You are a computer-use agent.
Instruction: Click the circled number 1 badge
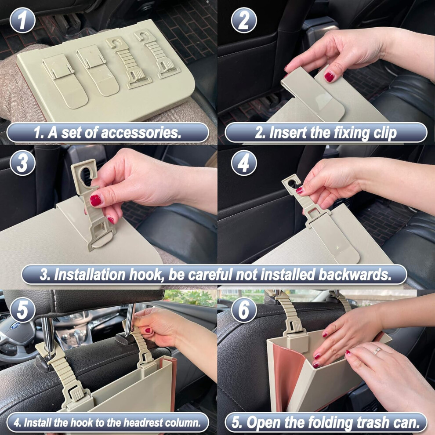(22, 20)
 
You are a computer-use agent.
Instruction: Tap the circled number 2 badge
(244, 20)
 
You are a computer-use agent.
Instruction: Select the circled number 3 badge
(22, 163)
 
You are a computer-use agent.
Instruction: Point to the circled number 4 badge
(244, 163)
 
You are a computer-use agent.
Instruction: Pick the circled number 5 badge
(22, 310)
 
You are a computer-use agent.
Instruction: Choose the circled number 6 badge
(244, 310)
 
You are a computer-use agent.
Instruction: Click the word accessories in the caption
(141, 133)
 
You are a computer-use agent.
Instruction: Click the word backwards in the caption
(355, 275)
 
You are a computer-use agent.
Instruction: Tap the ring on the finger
(377, 351)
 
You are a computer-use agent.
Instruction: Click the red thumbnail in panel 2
(329, 76)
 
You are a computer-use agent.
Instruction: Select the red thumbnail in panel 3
(95, 200)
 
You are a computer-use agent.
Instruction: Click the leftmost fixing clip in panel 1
(65, 80)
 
